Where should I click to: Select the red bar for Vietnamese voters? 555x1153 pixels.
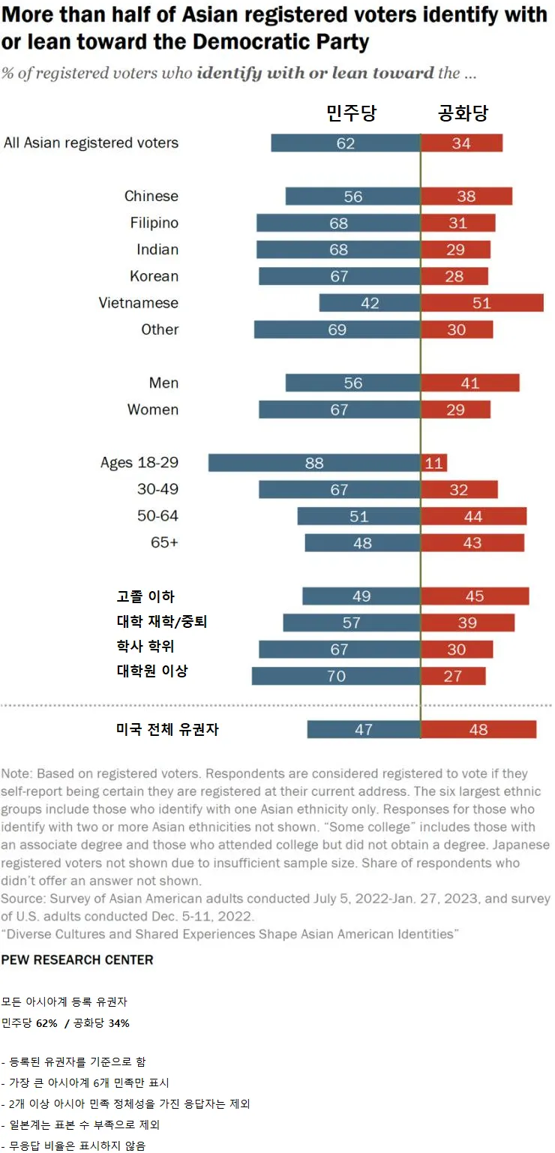coord(481,303)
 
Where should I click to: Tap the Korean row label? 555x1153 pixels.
coord(154,276)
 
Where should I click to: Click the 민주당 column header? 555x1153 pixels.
coord(351,113)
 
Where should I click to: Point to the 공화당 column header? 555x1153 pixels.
coord(463,113)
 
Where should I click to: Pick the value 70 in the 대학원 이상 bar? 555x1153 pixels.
coord(337,676)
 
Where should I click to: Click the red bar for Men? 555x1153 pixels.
coord(470,383)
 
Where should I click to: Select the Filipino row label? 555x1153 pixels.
coord(154,223)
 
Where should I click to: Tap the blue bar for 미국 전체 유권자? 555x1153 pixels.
coord(363,729)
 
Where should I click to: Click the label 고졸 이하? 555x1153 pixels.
coord(145,596)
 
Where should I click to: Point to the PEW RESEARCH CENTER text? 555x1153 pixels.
coord(77,960)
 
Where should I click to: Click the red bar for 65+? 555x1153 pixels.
coord(472,542)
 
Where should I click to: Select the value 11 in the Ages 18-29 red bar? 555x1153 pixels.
coord(434,463)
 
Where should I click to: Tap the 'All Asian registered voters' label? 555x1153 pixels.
coord(91,143)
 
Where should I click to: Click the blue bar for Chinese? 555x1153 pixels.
coord(352,197)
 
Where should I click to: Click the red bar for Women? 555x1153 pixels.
coord(455,410)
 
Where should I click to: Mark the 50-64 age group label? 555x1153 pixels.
coord(157,516)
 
